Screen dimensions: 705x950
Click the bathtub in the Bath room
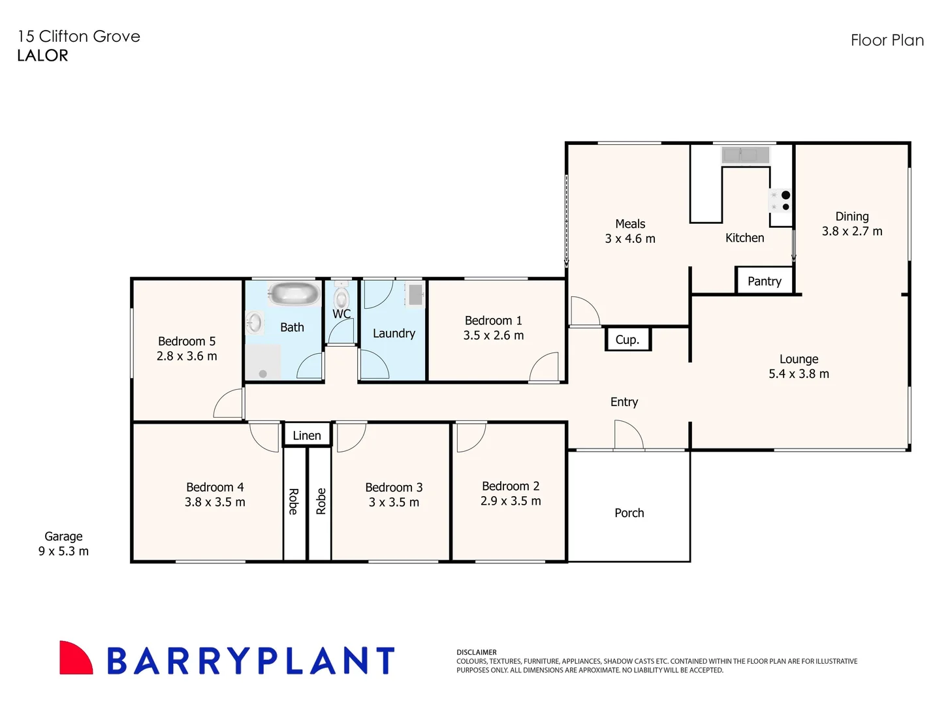293,294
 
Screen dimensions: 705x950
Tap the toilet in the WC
341,298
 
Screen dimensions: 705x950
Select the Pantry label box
764,281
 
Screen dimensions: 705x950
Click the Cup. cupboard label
627,339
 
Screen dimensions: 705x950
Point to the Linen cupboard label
307,435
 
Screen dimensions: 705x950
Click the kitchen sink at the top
745,155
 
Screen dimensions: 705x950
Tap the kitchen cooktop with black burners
780,201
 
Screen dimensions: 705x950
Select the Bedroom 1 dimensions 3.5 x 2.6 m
494,336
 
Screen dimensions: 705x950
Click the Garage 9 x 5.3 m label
63,544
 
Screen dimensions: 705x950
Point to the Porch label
629,513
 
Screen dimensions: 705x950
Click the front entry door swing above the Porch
627,435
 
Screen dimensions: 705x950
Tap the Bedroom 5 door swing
229,404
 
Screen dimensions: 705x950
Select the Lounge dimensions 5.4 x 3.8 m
799,374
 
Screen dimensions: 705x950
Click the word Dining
852,216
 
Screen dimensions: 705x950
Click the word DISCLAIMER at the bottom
477,652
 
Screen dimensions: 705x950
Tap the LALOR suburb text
42,55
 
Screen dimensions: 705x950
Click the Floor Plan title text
887,40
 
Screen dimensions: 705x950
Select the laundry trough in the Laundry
415,294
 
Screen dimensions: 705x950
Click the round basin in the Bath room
255,322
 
